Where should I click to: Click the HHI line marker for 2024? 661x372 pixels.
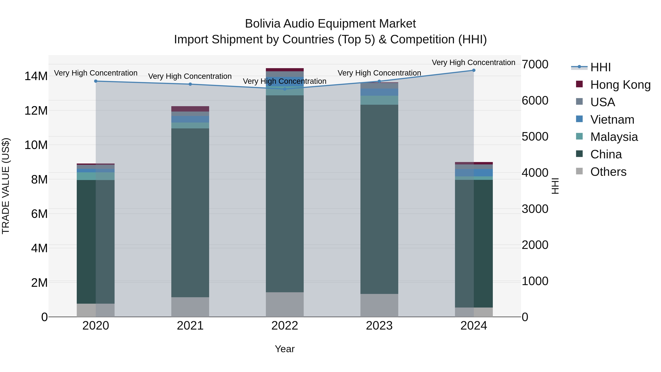click(x=474, y=70)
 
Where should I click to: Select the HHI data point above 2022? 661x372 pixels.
click(x=285, y=89)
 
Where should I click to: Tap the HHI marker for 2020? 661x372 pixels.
click(x=96, y=81)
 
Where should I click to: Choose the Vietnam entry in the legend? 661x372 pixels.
click(x=612, y=120)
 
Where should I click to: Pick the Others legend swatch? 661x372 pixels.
click(x=579, y=171)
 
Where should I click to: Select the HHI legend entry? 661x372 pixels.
click(x=600, y=67)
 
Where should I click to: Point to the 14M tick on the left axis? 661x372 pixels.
click(x=36, y=76)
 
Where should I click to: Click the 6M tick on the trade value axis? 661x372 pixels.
click(x=39, y=214)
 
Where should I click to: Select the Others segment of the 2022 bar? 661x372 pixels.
click(x=285, y=304)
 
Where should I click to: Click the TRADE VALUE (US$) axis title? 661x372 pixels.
click(x=6, y=186)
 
